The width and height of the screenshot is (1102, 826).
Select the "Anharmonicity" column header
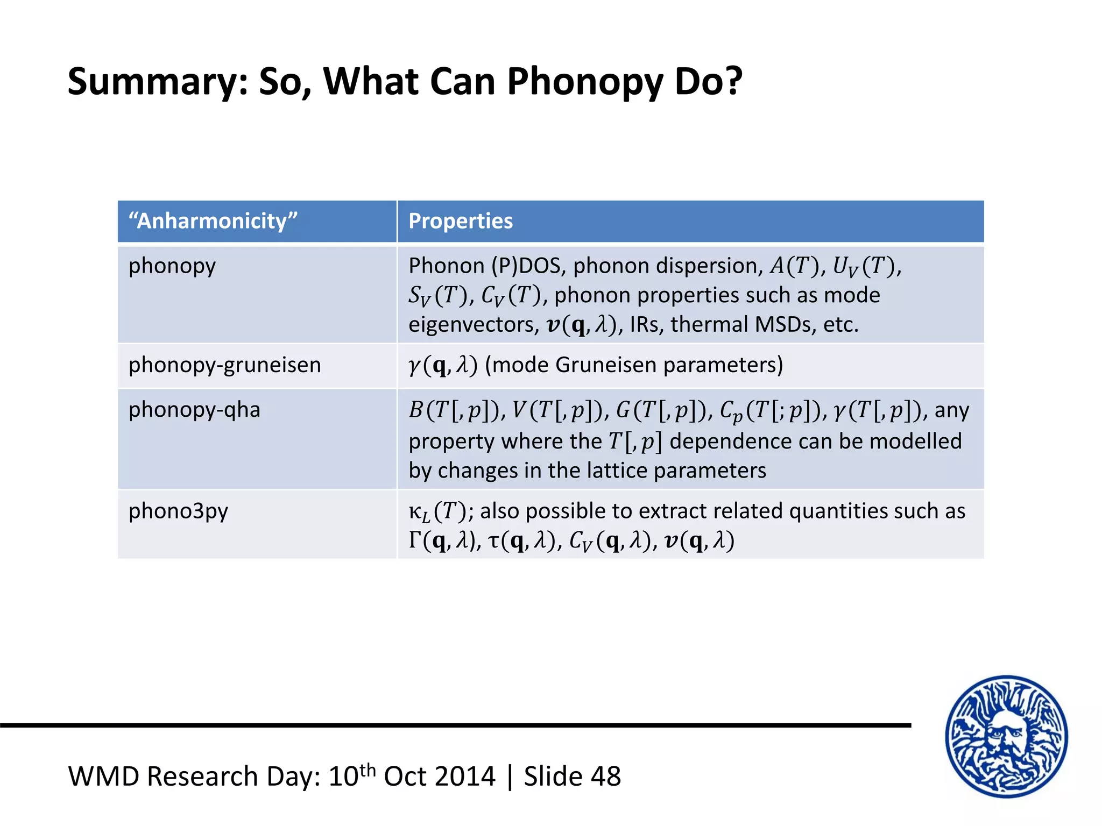pos(213,221)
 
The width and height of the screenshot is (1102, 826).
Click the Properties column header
pos(461,221)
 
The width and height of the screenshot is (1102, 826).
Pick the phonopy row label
pos(172,266)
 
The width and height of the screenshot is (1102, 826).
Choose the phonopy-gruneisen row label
pos(224,365)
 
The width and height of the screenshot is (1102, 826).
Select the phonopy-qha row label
pos(194,410)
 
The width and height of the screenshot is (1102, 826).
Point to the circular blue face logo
pos(1006,736)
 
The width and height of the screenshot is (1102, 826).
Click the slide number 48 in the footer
pos(606,777)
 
